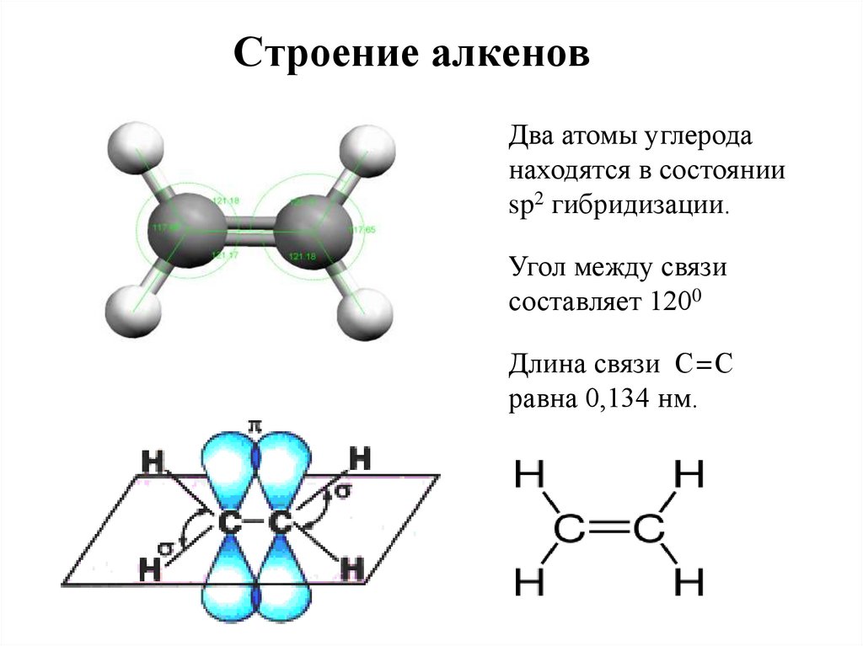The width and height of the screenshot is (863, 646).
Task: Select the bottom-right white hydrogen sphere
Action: click(364, 316)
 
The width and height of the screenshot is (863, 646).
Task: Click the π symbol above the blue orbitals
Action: click(251, 428)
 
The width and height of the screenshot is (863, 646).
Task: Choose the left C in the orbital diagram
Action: click(228, 524)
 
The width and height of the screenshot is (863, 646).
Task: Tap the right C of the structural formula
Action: click(648, 531)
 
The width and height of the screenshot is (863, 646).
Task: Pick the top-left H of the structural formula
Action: click(531, 477)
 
